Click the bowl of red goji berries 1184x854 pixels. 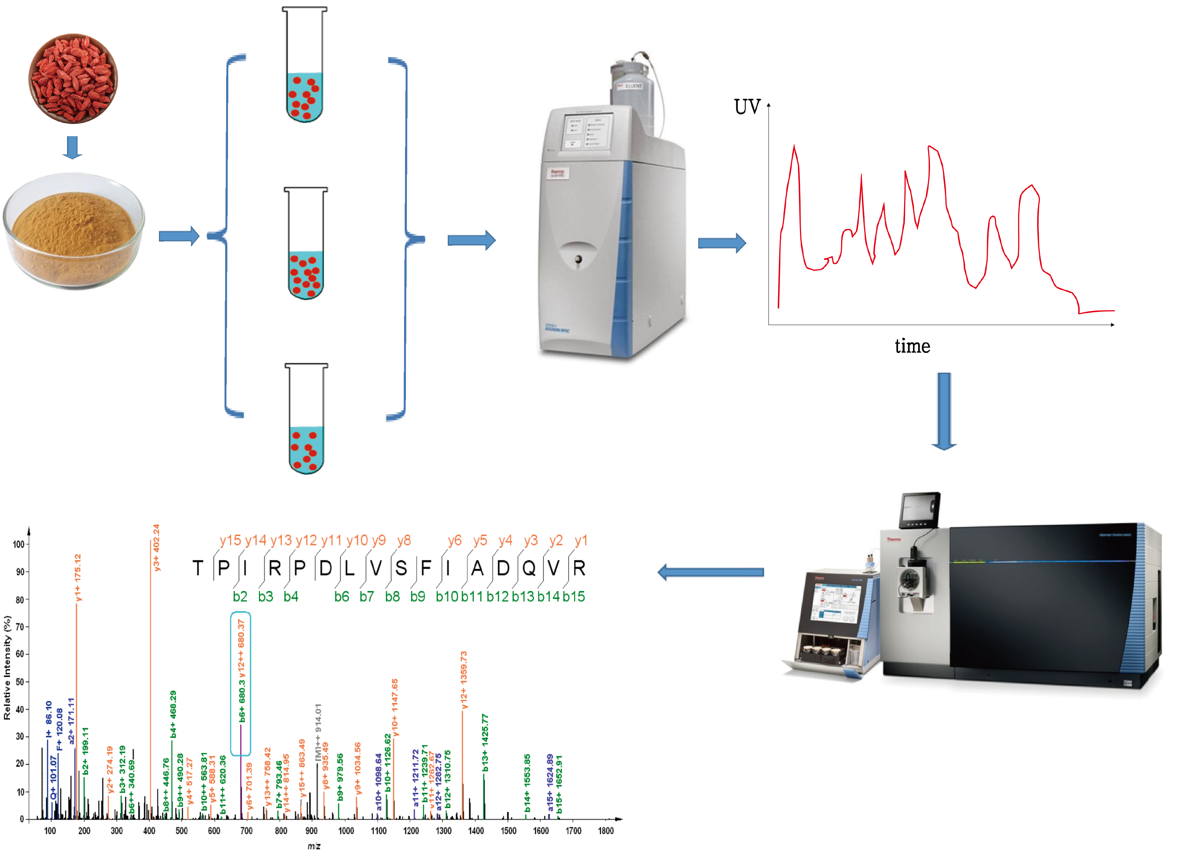pyautogui.click(x=73, y=78)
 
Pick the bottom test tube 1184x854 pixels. pyautogui.click(x=307, y=419)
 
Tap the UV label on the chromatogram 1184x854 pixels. pyautogui.click(x=747, y=107)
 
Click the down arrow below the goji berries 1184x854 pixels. pyautogui.click(x=73, y=147)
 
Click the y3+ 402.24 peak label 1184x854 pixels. pyautogui.click(x=156, y=547)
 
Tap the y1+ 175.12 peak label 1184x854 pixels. pyautogui.click(x=78, y=578)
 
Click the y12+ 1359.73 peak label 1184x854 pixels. pyautogui.click(x=464, y=679)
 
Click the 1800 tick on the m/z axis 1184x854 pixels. pyautogui.click(x=605, y=831)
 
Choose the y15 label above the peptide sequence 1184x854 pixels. pyautogui.click(x=230, y=541)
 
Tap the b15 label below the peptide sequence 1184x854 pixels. pyautogui.click(x=574, y=596)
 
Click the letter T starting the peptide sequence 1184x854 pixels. pyautogui.click(x=198, y=568)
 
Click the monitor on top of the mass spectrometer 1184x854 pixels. pyautogui.click(x=920, y=509)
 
